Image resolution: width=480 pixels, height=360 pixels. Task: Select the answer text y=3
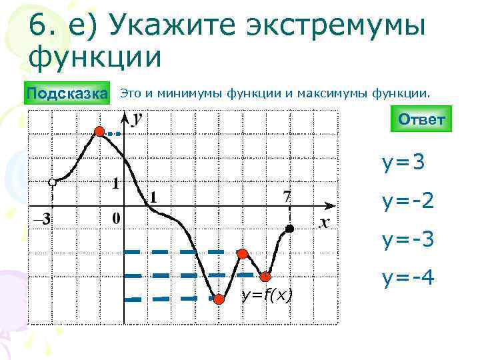pos(403,162)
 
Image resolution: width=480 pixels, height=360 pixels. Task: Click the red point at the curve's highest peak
pos(100,131)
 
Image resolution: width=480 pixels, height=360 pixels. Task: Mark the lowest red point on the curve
pos(217,299)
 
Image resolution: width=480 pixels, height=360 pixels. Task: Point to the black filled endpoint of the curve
pos(289,229)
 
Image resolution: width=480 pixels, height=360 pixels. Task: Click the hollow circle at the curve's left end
pos(52,182)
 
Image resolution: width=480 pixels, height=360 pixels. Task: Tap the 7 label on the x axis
pos(287,196)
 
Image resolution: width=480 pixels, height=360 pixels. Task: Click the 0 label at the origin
pos(116,218)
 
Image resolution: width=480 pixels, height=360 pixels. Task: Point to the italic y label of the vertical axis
pos(137,119)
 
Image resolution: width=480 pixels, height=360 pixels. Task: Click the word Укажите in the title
pos(168,26)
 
